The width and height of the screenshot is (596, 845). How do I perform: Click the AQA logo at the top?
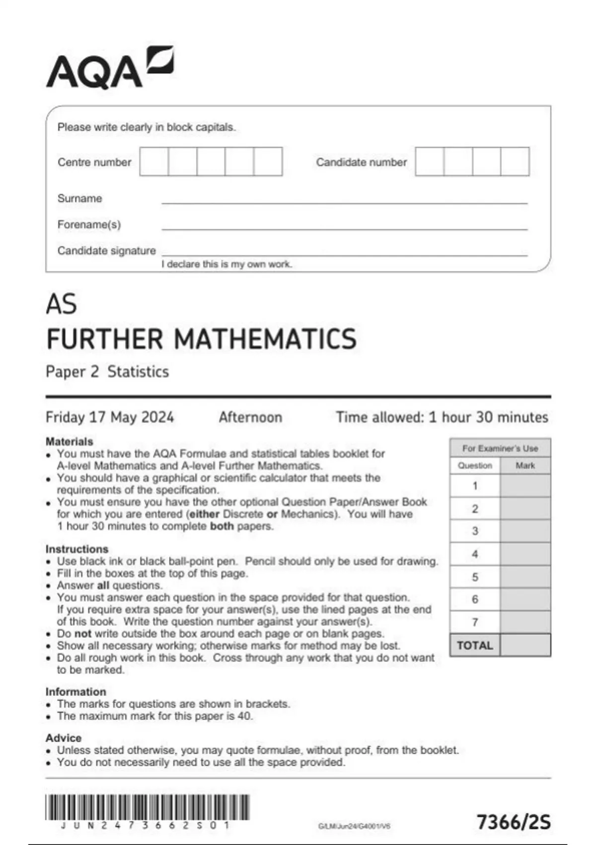[109, 68]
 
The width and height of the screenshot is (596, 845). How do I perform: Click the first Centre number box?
[154, 162]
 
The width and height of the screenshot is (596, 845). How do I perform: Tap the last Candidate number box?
[515, 162]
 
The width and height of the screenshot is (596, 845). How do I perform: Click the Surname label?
[79, 198]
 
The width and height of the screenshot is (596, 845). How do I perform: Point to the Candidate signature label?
[106, 251]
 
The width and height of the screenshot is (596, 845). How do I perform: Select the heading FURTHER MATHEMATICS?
[201, 339]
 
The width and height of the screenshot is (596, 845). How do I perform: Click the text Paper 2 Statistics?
[107, 372]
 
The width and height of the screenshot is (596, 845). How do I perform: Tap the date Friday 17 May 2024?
[109, 417]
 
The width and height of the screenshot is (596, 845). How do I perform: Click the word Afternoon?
[250, 417]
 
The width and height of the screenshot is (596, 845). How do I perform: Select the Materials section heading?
[69, 441]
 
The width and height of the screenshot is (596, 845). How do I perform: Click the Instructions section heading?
[76, 549]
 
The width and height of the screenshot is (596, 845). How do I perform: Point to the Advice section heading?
[63, 738]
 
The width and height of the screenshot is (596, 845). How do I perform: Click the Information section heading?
[75, 691]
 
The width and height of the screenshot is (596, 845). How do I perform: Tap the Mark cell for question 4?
[525, 554]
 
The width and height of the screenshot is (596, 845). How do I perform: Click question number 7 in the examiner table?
[475, 622]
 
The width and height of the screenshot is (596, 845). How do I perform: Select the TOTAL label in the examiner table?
[475, 645]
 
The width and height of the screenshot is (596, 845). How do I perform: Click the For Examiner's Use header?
[500, 448]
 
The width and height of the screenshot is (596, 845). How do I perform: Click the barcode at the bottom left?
[147, 807]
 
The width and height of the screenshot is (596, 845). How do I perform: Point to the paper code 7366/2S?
[514, 822]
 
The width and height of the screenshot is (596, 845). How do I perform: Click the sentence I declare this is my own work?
[226, 264]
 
